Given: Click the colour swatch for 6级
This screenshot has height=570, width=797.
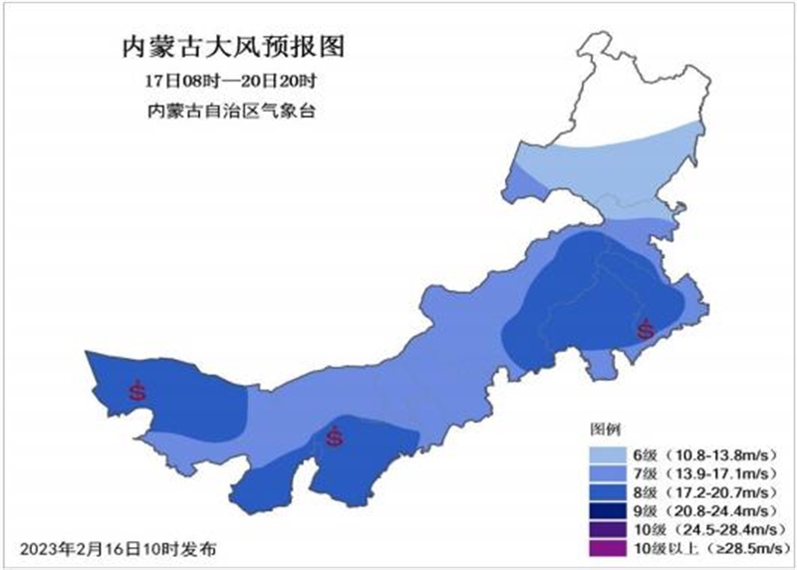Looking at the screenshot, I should click(x=613, y=450).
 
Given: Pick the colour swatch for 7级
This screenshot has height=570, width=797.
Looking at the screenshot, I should click(x=613, y=470).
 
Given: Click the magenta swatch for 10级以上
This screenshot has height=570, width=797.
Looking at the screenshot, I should click(x=613, y=549).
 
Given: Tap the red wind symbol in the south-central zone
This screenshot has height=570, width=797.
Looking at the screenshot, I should click(x=335, y=435).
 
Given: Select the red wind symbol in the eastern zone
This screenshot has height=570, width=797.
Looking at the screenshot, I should click(x=646, y=329).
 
